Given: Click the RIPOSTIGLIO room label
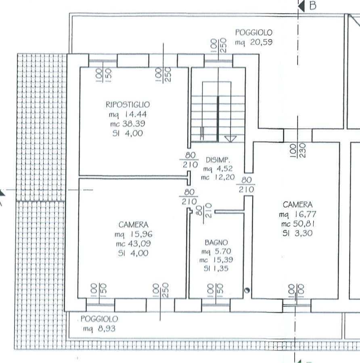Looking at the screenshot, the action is [128, 104].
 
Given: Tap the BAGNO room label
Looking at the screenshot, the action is [216, 243].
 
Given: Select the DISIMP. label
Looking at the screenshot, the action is [218, 160].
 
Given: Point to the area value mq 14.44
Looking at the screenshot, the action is [128, 115].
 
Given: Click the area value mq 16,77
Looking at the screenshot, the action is [297, 215].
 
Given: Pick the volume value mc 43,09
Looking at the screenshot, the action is [133, 244].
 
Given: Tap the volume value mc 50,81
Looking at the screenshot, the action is [297, 224].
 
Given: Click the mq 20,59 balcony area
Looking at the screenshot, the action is [254, 42].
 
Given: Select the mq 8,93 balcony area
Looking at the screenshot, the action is [99, 329].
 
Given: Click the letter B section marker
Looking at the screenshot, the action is [313, 6].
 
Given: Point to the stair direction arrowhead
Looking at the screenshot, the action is [230, 139].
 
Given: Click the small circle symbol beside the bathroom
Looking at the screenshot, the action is [247, 290].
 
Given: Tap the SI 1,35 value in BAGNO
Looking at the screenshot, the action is [216, 269].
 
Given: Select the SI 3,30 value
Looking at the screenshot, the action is [297, 233].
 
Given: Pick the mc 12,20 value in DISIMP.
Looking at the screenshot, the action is [218, 177].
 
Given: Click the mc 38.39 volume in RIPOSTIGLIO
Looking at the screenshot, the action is [128, 124].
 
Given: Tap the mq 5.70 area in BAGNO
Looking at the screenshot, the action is [216, 251].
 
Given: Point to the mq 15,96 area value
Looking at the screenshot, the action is [134, 234].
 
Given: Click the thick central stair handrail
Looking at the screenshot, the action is [218, 119].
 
